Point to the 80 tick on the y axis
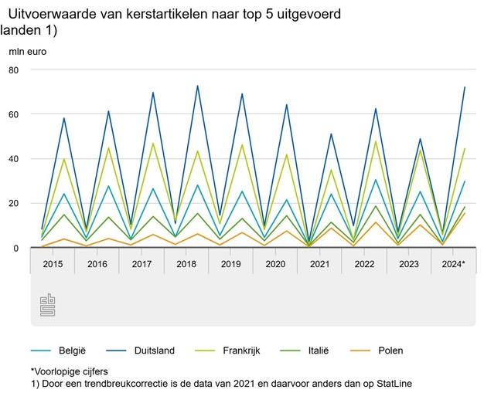coord(14,69)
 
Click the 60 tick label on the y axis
coord(14,114)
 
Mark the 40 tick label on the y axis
coord(14,159)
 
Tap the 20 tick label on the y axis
coord(14,204)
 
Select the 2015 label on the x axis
coord(53,264)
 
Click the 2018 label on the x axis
coord(186,264)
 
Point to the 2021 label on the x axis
coord(320,264)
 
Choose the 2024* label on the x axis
coord(453,264)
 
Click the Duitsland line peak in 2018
coord(198,86)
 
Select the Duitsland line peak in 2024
coord(465,87)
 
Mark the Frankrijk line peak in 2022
coord(376,141)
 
